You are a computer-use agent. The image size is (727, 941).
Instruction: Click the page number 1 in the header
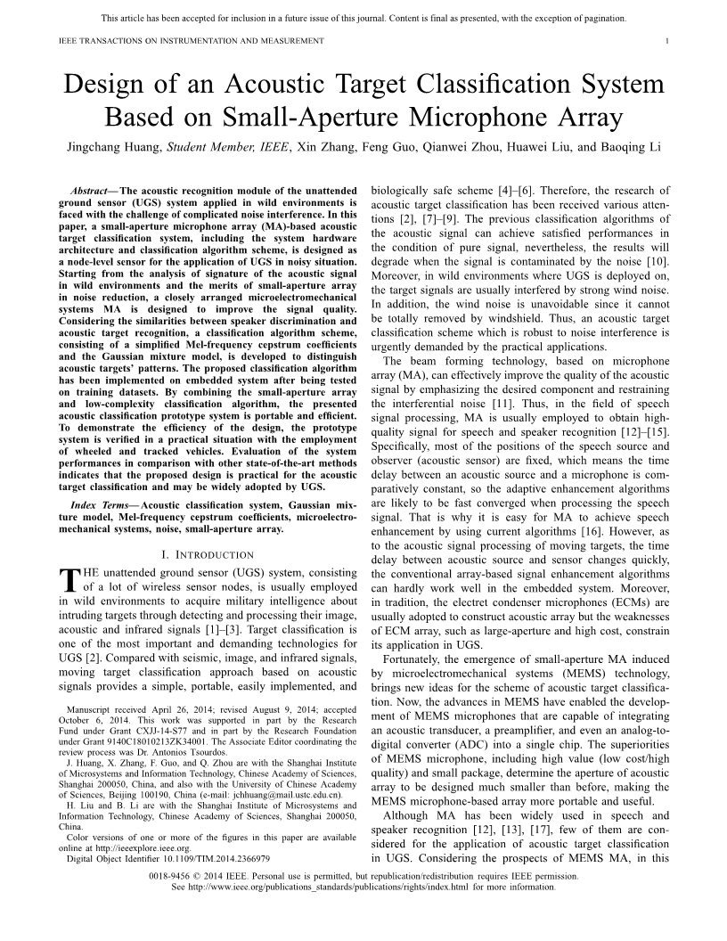(667, 41)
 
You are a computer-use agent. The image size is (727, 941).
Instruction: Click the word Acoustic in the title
(294, 85)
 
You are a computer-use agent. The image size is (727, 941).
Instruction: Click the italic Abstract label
(89, 191)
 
